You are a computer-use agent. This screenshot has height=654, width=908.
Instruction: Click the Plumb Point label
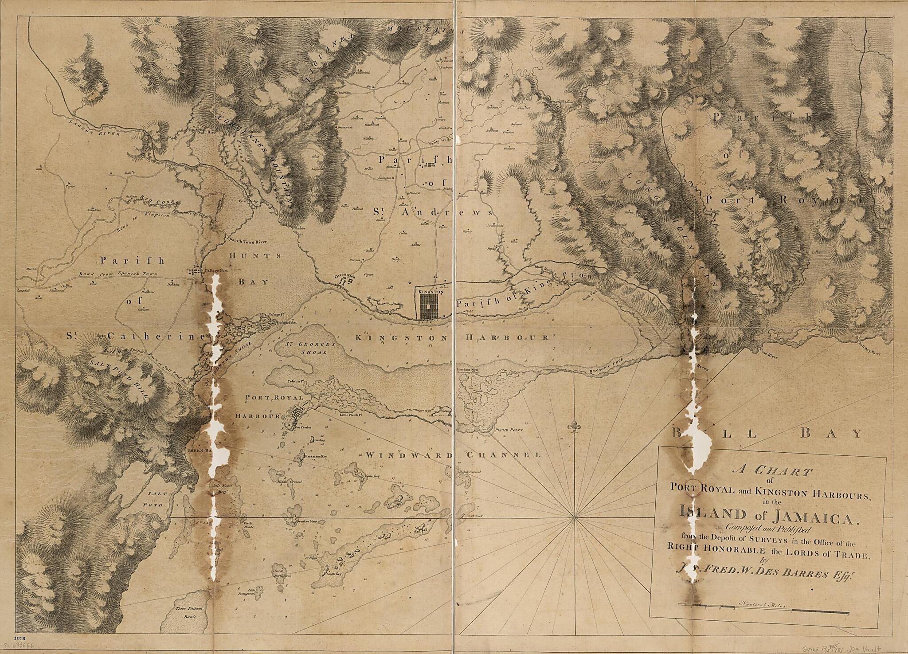[508, 430]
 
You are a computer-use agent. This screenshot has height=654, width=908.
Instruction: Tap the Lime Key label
[371, 476]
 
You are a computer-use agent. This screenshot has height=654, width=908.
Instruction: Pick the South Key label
[333, 574]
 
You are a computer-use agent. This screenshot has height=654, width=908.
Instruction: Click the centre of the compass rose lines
[575, 517]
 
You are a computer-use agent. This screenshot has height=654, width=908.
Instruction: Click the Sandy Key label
[394, 505]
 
